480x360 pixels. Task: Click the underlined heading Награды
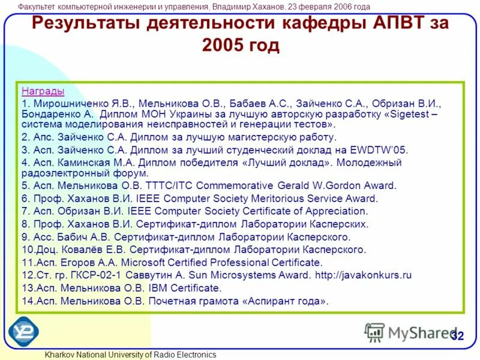pos(43,91)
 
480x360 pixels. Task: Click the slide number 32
pos(457,336)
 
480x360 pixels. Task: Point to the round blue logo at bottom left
pos(23,331)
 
